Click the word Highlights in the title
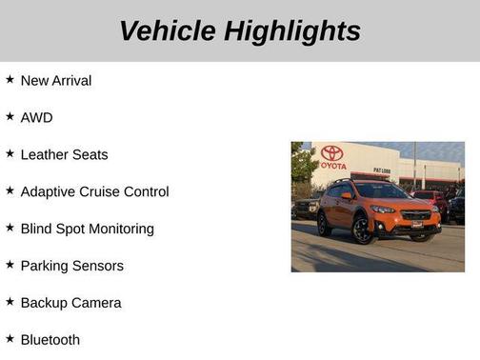pos(292,30)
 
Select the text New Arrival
pos(56,81)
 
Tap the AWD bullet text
pos(36,118)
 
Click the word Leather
pos(44,155)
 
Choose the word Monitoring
pos(120,230)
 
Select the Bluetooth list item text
pos(50,340)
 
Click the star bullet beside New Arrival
pos(10,80)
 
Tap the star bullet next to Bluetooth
pos(10,339)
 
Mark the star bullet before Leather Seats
pos(10,154)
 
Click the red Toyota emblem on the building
pos(331,152)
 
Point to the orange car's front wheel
pos(363,230)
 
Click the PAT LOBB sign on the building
pos(381,171)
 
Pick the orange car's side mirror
pos(348,196)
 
